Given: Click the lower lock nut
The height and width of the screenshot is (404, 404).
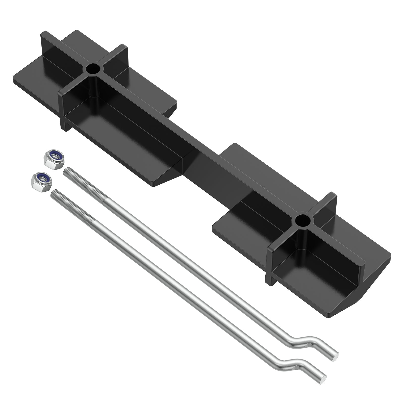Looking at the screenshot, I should [41, 180].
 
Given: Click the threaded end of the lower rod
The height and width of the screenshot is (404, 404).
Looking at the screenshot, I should [72, 205].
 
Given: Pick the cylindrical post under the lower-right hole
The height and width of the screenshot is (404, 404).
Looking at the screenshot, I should [302, 237].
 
